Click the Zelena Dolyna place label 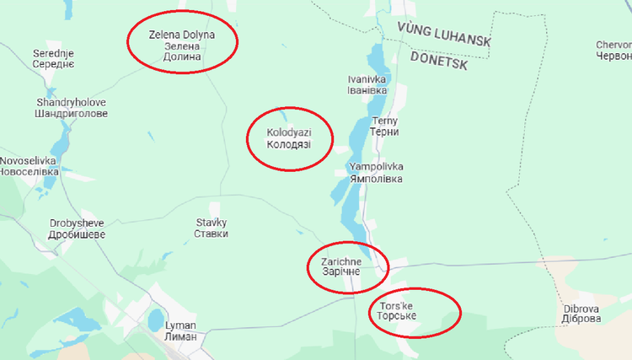182,46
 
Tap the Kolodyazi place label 288,139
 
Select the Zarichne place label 340,266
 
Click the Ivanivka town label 367,85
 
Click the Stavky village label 212,228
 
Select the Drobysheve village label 78,228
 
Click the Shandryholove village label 71,108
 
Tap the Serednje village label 53,59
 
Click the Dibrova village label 581,314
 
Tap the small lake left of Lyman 156,320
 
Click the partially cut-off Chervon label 613,51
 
